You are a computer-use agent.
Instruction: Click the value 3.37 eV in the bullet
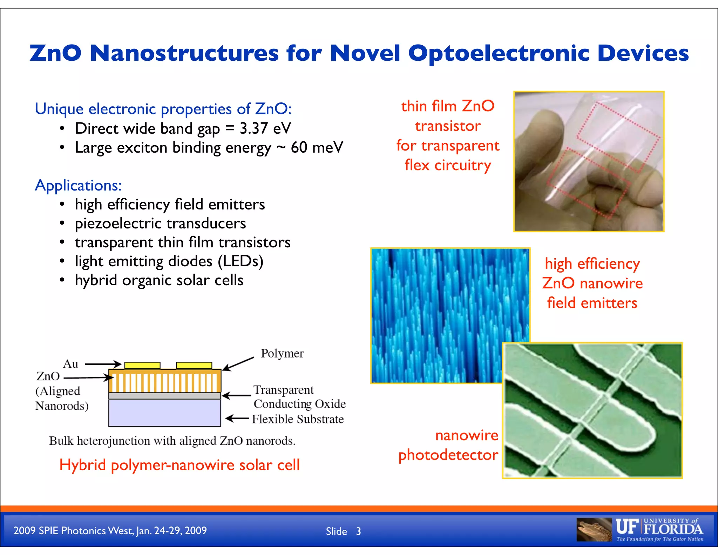265,128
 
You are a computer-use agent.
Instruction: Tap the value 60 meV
317,147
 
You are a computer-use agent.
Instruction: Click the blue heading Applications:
78,185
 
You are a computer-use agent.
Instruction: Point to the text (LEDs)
240,261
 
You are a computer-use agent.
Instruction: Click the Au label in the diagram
70,364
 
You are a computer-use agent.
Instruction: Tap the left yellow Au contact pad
142,365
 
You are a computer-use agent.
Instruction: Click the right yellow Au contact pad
194,365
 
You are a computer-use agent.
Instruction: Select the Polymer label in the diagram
282,353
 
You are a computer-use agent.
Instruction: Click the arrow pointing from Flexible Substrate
237,419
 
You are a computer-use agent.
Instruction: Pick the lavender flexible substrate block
164,413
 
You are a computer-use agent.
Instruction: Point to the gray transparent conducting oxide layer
164,396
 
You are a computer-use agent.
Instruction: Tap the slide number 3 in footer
358,531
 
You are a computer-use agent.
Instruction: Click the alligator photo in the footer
594,529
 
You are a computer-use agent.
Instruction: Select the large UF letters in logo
627,527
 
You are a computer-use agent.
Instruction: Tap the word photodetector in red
448,455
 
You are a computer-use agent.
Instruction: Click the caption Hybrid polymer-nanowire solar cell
179,465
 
